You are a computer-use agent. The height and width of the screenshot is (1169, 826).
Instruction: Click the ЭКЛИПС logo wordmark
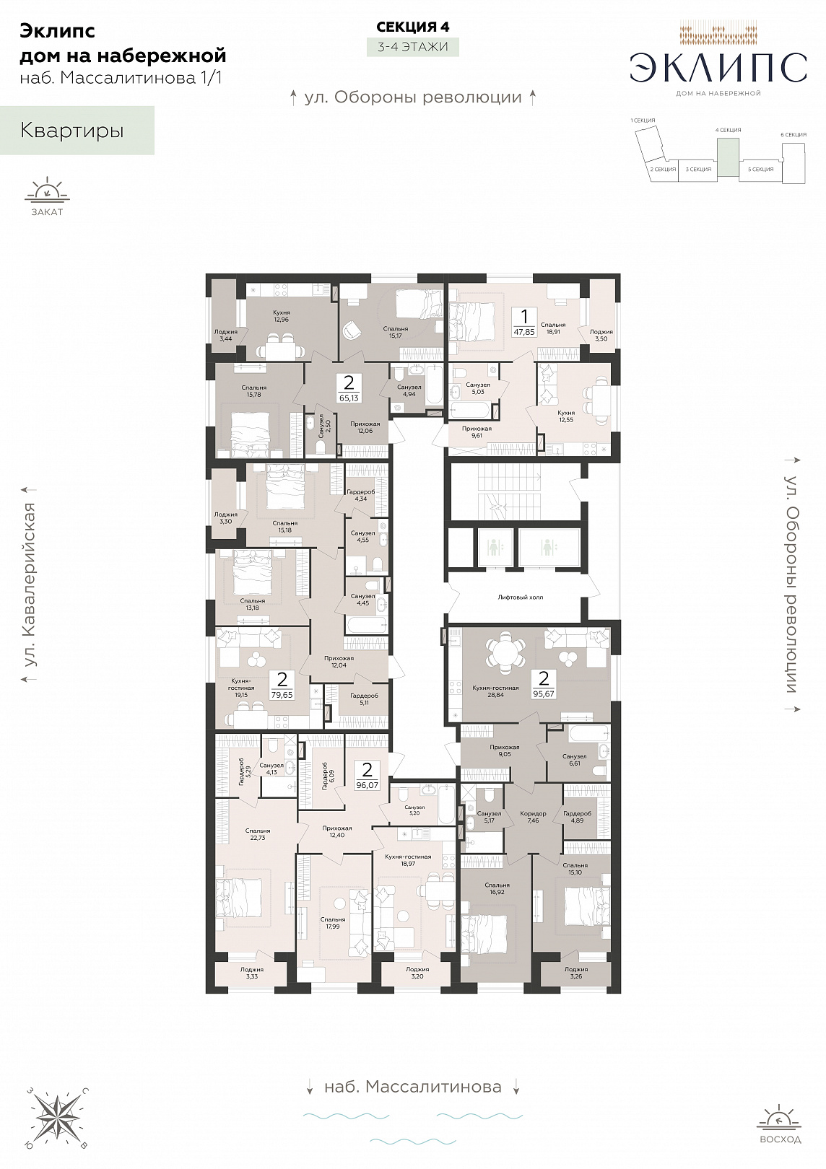(718, 68)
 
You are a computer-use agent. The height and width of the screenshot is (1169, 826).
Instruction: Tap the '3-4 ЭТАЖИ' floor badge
(412, 46)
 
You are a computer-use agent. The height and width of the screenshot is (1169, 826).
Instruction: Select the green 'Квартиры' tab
(77, 131)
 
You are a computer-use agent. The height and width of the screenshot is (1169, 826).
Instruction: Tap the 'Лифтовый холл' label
(520, 597)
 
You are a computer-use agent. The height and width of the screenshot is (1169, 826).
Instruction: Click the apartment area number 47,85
(524, 331)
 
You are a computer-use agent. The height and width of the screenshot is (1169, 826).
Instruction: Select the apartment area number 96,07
(367, 784)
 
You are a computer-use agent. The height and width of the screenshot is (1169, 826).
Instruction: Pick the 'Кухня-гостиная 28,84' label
(495, 691)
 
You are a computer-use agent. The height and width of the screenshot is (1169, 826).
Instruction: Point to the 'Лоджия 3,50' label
(601, 335)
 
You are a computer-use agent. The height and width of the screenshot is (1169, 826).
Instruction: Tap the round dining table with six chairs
(505, 652)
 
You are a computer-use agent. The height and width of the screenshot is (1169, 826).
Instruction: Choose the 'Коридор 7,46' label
(533, 817)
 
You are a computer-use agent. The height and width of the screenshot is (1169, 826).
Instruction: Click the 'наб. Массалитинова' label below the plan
(413, 1087)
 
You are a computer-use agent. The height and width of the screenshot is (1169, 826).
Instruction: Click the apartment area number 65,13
(349, 398)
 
